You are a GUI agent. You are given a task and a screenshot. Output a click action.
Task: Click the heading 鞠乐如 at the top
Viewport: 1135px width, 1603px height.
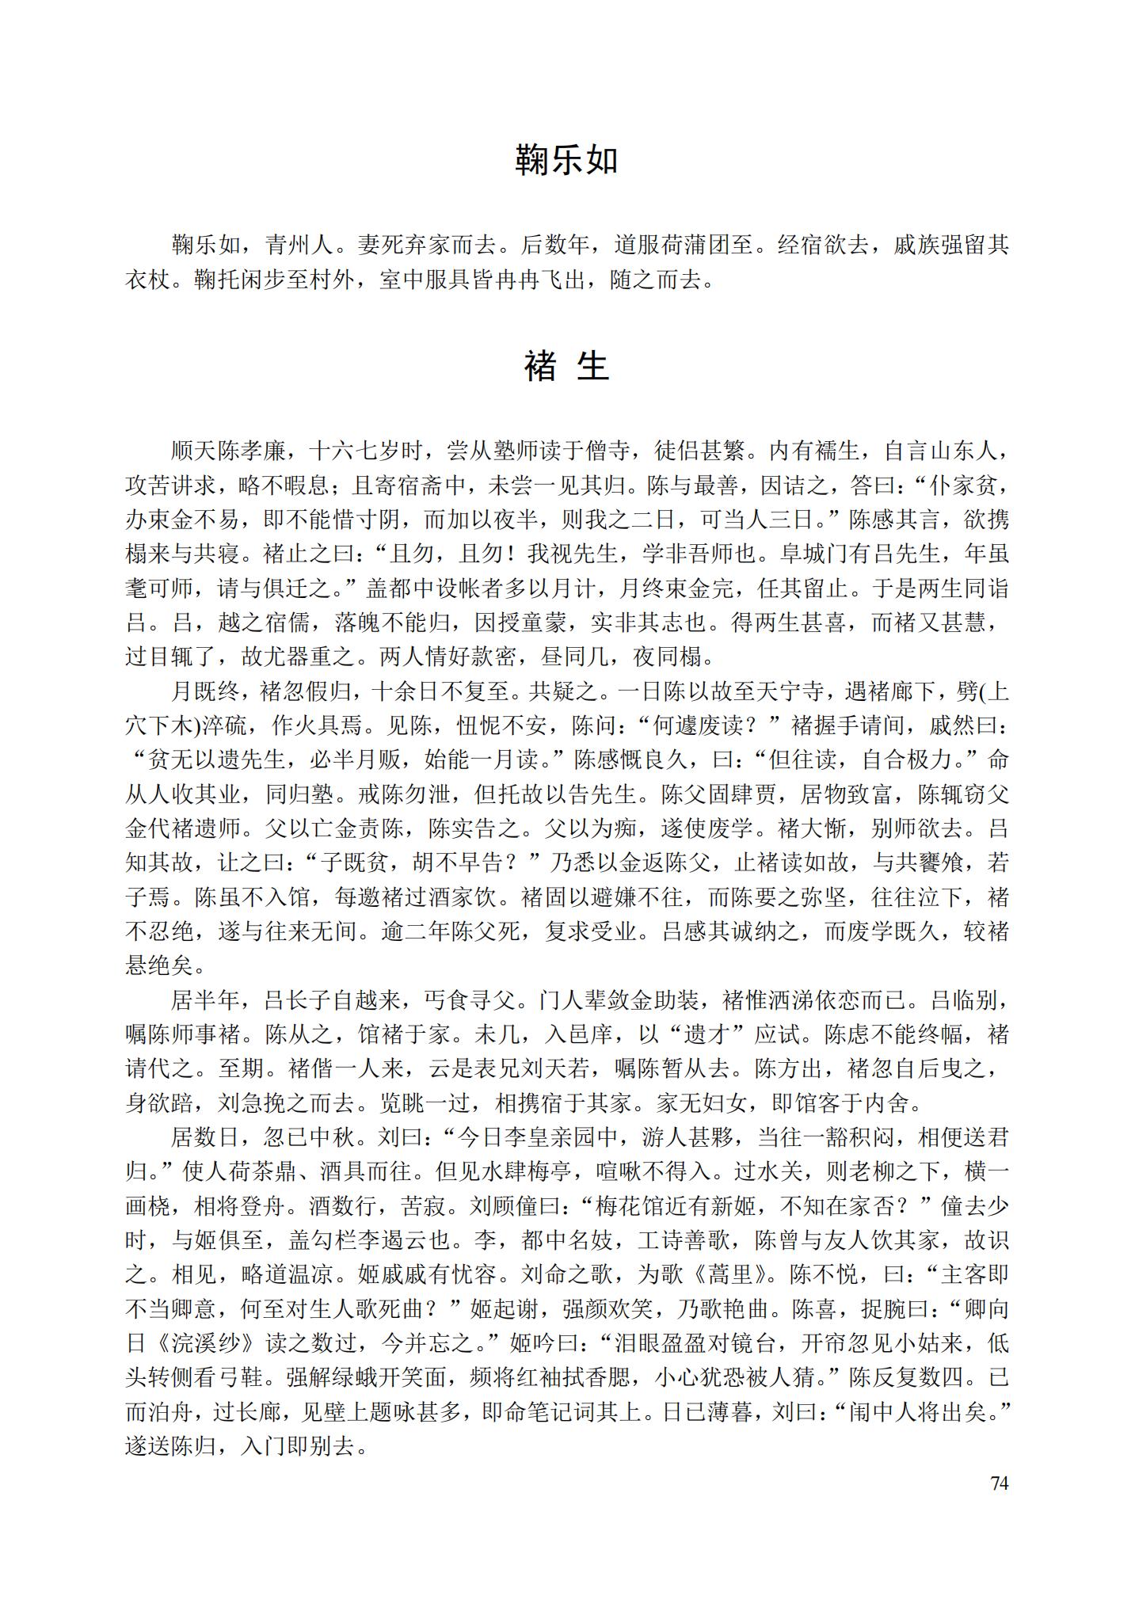point(566,161)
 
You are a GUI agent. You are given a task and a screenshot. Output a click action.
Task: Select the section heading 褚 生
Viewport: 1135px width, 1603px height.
point(566,366)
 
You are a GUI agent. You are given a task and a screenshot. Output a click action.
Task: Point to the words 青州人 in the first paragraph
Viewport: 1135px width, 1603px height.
point(300,245)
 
